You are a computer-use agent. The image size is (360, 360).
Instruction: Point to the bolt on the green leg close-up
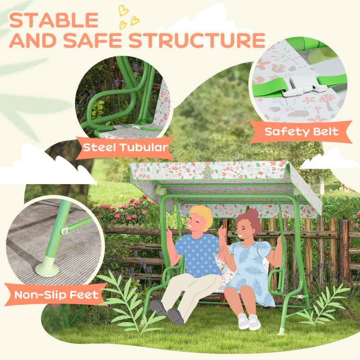click(64, 230)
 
